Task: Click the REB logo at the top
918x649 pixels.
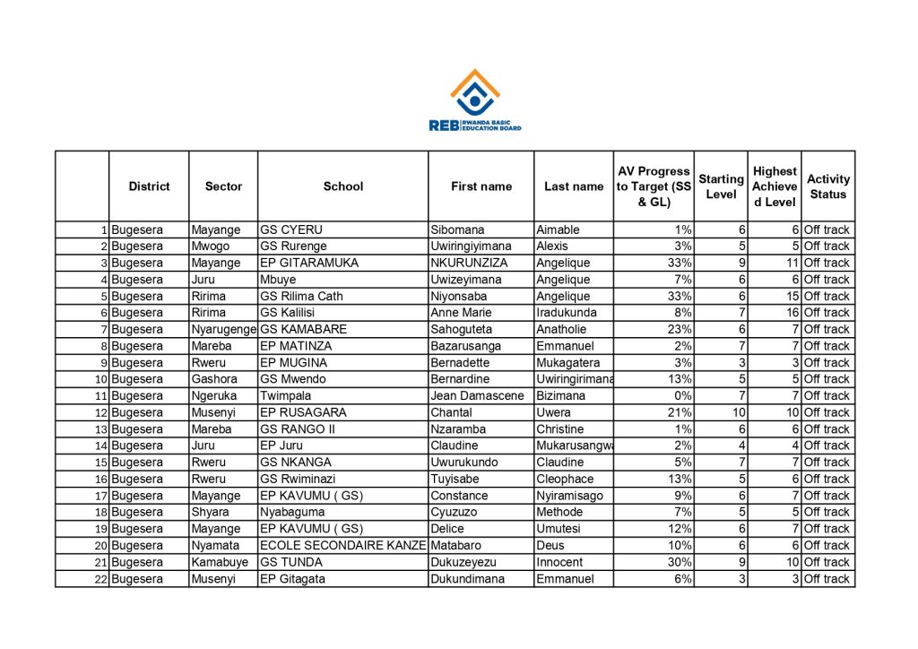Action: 475,100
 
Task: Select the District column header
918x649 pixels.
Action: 149,186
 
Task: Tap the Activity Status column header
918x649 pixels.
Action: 827,186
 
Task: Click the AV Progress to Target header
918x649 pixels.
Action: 654,186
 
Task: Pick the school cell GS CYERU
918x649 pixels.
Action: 290,230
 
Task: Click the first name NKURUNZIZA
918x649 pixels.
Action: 469,264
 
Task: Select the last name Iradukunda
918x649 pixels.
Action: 566,313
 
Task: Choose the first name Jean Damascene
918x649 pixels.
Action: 477,396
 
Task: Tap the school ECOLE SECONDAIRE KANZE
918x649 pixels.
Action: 342,545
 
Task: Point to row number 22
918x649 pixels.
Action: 101,579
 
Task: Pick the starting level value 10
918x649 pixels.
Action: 738,412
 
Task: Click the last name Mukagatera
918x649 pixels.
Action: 568,363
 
